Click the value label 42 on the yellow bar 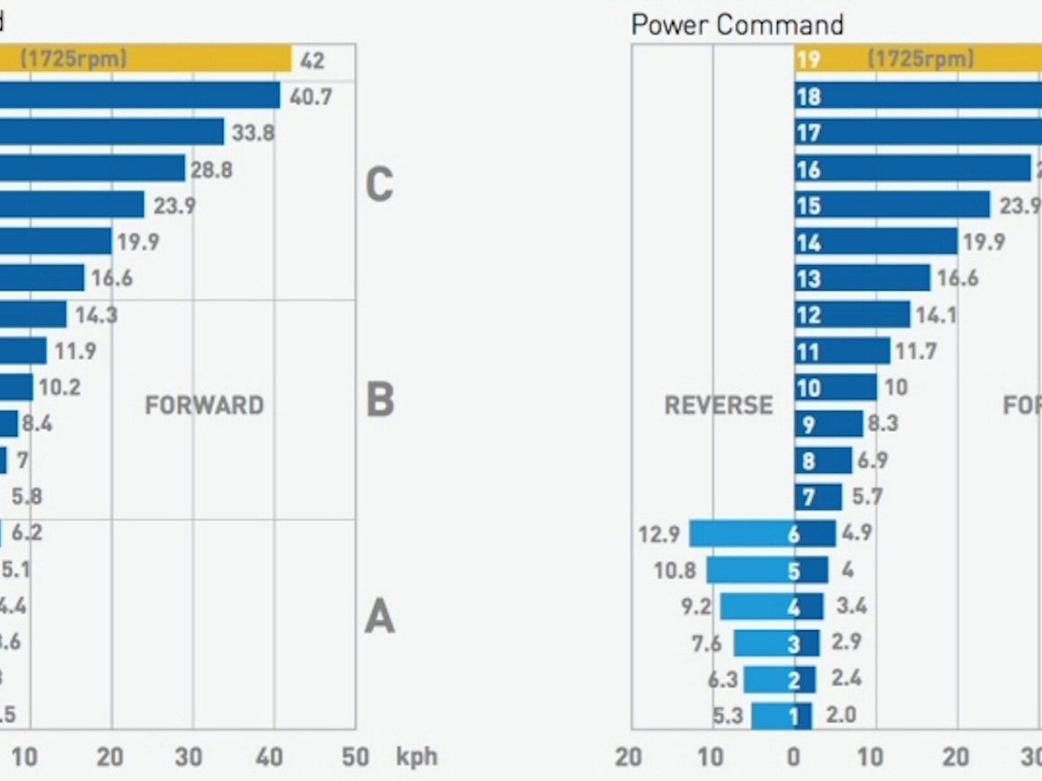(x=313, y=62)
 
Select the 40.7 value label (x=311, y=97)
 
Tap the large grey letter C (x=379, y=185)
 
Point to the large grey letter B (x=380, y=399)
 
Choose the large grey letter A (x=379, y=618)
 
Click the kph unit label (x=417, y=757)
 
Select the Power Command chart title (x=737, y=24)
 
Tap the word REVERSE (x=719, y=406)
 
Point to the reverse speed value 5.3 (x=729, y=716)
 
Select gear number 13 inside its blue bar (x=808, y=279)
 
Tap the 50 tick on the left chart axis (x=356, y=758)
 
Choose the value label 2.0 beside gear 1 (x=841, y=715)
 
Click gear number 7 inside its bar (x=808, y=497)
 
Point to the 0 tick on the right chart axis (x=793, y=758)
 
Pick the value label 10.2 (x=60, y=388)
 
